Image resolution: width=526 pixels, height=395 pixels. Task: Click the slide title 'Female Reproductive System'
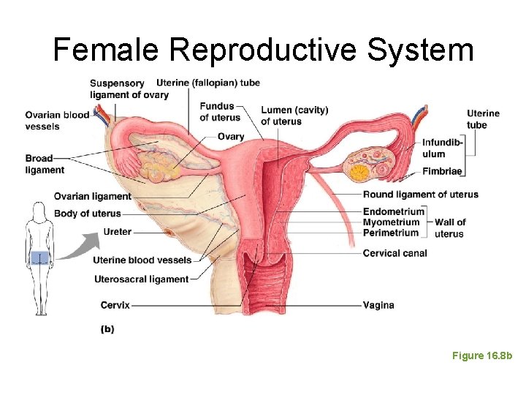(x=263, y=50)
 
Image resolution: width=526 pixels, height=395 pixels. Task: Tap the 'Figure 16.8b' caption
(x=482, y=355)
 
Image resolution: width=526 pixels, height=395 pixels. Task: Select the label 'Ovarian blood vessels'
(x=57, y=121)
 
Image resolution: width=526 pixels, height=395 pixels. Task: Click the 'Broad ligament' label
(x=45, y=165)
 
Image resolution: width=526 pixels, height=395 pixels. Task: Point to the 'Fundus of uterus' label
(x=220, y=112)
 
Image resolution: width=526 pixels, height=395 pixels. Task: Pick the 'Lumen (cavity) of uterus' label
(x=294, y=116)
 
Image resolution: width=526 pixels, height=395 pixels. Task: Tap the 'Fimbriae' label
(x=443, y=171)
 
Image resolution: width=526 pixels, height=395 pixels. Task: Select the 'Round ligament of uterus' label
(x=421, y=195)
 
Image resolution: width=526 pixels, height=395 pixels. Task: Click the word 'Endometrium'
(x=394, y=211)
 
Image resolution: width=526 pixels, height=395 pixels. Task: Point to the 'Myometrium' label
(x=392, y=222)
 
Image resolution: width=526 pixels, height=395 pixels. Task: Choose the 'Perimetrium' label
(x=391, y=233)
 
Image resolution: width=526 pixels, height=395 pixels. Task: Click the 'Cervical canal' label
(x=395, y=253)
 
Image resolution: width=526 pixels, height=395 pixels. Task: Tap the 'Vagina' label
(x=378, y=305)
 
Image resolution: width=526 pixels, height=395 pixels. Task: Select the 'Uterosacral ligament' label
(x=142, y=279)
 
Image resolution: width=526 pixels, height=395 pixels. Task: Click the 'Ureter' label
(x=118, y=232)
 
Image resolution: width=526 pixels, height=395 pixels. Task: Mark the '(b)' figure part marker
(x=107, y=329)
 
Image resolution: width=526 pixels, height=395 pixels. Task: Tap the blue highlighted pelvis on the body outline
(x=40, y=257)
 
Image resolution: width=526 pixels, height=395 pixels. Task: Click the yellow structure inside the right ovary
(x=359, y=173)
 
